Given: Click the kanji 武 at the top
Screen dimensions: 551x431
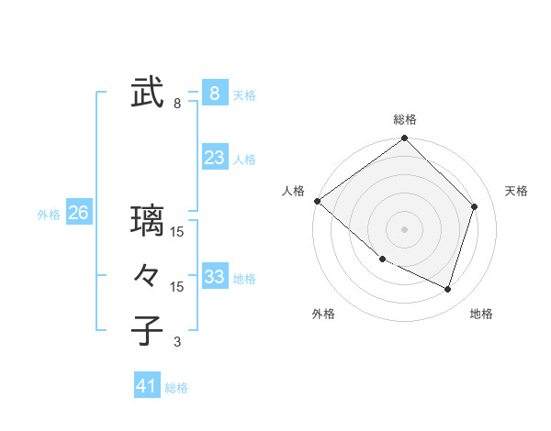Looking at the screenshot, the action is click(x=147, y=94).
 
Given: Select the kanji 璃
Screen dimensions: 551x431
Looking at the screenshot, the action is click(x=147, y=221).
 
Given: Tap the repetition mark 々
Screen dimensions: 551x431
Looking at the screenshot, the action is click(x=147, y=276).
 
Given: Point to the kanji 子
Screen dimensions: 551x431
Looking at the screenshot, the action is click(x=147, y=331).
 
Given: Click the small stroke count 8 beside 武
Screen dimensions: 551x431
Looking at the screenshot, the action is click(x=177, y=104).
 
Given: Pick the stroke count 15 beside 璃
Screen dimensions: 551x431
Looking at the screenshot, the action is click(x=177, y=232).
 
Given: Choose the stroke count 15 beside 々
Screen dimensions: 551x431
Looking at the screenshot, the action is click(x=177, y=287).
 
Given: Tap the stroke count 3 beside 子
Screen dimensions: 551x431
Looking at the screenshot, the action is click(x=177, y=342).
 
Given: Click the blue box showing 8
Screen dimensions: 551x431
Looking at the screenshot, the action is click(x=214, y=93).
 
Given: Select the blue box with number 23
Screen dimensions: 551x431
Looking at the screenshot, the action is click(x=214, y=158).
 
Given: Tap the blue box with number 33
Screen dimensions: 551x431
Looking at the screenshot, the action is click(x=214, y=277).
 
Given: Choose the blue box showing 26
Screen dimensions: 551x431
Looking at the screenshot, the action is click(x=78, y=213).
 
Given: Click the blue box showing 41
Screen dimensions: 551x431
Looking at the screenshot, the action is click(x=147, y=386).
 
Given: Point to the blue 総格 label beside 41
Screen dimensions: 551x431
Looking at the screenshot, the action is click(x=177, y=388).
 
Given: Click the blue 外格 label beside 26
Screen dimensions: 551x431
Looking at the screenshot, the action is click(x=49, y=215).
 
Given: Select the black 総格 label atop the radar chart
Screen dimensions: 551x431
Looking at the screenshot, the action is click(x=404, y=119).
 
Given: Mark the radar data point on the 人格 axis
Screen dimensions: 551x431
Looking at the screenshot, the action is click(x=317, y=201).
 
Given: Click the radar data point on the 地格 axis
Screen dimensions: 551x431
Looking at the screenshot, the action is click(x=448, y=290).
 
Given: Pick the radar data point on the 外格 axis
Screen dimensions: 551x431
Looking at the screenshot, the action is click(x=382, y=260).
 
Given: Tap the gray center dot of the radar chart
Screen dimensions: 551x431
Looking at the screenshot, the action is click(x=404, y=229).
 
